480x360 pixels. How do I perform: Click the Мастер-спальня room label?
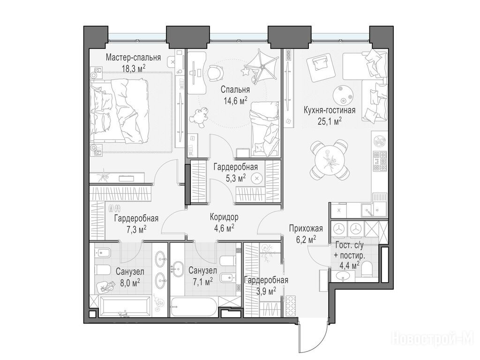click(133, 58)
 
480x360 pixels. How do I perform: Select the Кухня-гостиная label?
click(330, 110)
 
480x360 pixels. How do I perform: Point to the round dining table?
click(329, 159)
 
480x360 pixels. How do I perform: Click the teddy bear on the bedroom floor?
click(200, 116)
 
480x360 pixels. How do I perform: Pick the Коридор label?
click(224, 217)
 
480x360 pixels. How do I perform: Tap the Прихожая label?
click(306, 228)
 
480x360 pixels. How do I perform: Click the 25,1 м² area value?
click(330, 121)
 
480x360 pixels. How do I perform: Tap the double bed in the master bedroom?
click(119, 110)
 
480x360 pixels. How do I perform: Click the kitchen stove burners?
click(380, 161)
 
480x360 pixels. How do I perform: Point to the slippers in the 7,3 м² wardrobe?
click(114, 208)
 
